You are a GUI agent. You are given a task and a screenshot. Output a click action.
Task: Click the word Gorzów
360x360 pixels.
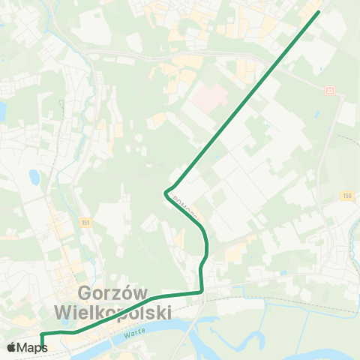113,293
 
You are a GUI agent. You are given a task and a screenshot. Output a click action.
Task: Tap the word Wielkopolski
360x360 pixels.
113,311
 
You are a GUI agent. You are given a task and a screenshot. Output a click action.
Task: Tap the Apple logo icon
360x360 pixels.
13,347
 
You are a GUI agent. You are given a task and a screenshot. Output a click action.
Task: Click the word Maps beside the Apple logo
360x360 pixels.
32,347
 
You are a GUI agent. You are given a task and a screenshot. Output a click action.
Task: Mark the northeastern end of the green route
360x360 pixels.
318,12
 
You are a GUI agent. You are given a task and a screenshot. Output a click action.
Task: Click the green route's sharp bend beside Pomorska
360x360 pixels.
165,193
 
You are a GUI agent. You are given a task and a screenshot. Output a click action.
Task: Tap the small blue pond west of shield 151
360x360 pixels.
34,178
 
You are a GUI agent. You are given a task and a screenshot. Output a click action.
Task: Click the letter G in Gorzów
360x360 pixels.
85,293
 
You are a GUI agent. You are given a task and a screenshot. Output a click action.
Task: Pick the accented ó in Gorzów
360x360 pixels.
127,293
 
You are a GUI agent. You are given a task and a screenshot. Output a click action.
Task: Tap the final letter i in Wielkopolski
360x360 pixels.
169,311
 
